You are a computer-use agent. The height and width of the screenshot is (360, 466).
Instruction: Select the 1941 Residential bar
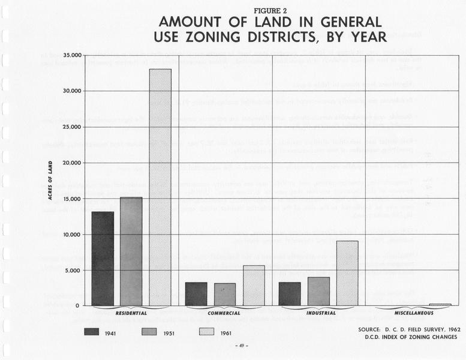[x=103, y=259]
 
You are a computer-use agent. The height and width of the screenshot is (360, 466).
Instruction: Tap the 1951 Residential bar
[x=131, y=251]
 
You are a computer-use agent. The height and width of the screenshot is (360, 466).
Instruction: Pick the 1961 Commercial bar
[x=254, y=286]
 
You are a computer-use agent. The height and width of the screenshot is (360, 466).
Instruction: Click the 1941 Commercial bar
[x=196, y=294]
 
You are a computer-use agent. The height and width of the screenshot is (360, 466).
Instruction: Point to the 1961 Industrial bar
[x=347, y=274]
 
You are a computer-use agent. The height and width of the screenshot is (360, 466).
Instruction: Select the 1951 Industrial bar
[x=318, y=291]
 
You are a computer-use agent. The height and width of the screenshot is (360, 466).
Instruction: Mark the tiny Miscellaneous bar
[x=440, y=305]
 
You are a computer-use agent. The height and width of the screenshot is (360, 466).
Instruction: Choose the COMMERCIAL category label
[x=224, y=313]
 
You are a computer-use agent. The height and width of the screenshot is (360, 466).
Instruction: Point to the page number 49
[x=243, y=346]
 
